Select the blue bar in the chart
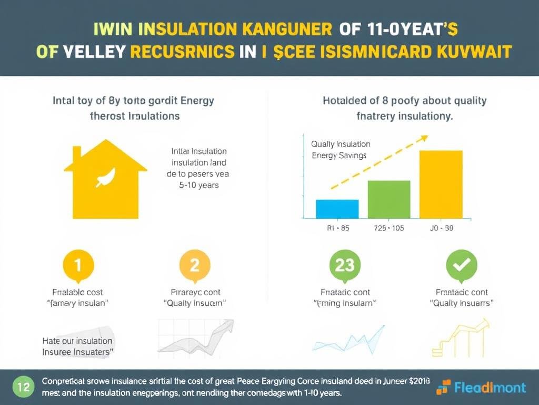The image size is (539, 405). (337, 209)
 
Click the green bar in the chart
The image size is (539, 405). (388, 199)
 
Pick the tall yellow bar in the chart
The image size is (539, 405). (441, 184)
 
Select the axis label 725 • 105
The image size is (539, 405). (389, 228)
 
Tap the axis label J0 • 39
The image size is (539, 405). (441, 228)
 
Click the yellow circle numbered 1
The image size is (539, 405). (78, 265)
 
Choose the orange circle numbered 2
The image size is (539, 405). (194, 265)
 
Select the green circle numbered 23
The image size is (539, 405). (344, 265)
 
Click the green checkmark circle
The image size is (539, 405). (461, 265)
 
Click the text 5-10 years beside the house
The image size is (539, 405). (198, 185)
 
